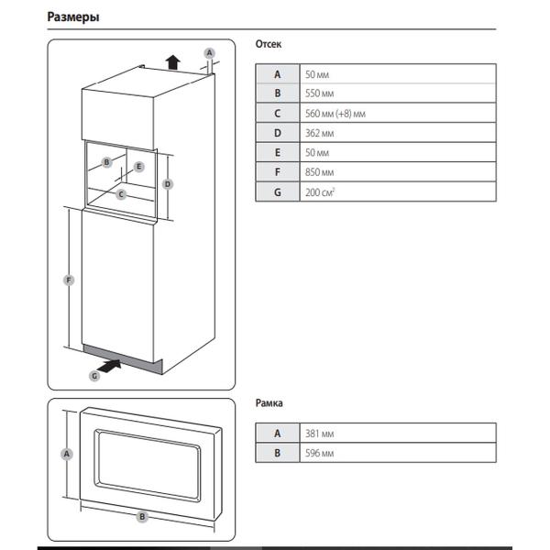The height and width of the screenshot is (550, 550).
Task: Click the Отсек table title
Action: (x=268, y=43)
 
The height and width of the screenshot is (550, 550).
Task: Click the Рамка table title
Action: (x=269, y=402)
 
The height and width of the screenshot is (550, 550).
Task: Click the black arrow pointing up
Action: (x=171, y=62)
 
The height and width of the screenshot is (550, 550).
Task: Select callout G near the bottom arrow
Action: (x=93, y=376)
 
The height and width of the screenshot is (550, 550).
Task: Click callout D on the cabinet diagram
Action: (x=168, y=183)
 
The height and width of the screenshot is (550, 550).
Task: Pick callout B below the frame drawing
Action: (x=142, y=517)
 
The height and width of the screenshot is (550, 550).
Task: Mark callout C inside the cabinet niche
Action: (x=122, y=193)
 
